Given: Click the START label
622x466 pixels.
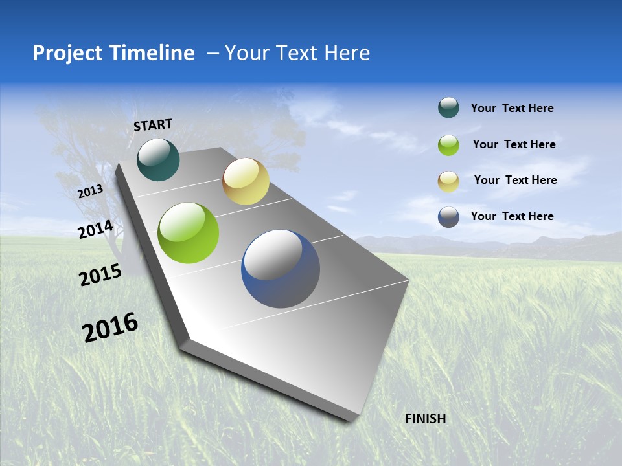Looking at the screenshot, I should pyautogui.click(x=153, y=124).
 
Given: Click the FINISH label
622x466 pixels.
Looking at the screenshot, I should pyautogui.click(x=425, y=419).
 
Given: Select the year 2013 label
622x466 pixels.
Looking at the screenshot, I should pyautogui.click(x=90, y=192).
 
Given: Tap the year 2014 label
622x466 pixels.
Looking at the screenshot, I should pyautogui.click(x=95, y=230).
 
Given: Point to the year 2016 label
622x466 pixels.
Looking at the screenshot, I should pyautogui.click(x=110, y=327).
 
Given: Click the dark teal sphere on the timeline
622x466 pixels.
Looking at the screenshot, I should pyautogui.click(x=158, y=159).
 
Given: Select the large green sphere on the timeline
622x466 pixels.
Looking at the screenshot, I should pyautogui.click(x=188, y=233).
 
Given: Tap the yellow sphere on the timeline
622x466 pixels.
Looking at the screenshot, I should pyautogui.click(x=246, y=181).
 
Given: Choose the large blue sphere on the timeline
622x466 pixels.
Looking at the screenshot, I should pyautogui.click(x=281, y=269).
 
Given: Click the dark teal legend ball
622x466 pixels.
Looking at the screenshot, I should pyautogui.click(x=448, y=108).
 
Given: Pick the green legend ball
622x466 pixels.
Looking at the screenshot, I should pyautogui.click(x=448, y=145).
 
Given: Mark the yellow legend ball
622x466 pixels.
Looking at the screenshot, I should pyautogui.click(x=448, y=181).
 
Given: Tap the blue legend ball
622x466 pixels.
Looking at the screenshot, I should pyautogui.click(x=448, y=217).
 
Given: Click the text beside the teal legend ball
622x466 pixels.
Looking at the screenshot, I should pyautogui.click(x=512, y=108).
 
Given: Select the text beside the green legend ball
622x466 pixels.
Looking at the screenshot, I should pyautogui.click(x=514, y=144).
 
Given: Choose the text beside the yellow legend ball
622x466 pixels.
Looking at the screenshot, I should pyautogui.click(x=515, y=180).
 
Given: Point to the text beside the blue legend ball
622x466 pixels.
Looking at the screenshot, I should pyautogui.click(x=512, y=216).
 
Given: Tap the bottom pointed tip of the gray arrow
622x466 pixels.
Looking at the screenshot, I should pyautogui.click(x=351, y=421).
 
